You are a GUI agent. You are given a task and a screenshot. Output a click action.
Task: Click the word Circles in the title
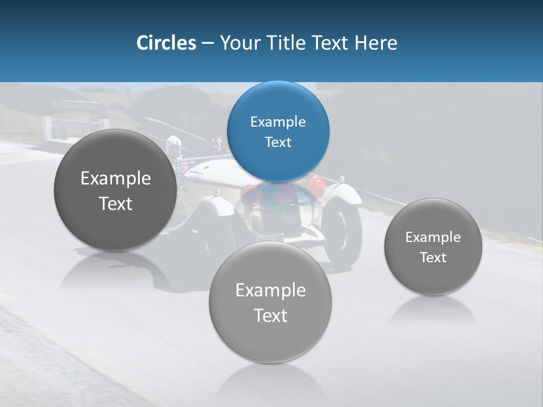(166, 43)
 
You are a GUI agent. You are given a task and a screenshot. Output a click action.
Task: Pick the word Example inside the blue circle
(278, 122)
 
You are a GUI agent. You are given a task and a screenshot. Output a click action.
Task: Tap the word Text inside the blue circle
(278, 142)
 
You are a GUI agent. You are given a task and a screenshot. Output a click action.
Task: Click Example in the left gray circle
(115, 179)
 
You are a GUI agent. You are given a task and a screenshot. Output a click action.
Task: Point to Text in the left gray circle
(115, 203)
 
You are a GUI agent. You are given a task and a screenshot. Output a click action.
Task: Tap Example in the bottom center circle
(270, 291)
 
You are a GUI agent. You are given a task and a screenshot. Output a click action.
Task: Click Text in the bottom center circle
(270, 315)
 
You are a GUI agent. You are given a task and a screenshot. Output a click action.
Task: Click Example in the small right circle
(433, 237)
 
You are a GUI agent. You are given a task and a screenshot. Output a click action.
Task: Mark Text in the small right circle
(433, 258)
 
